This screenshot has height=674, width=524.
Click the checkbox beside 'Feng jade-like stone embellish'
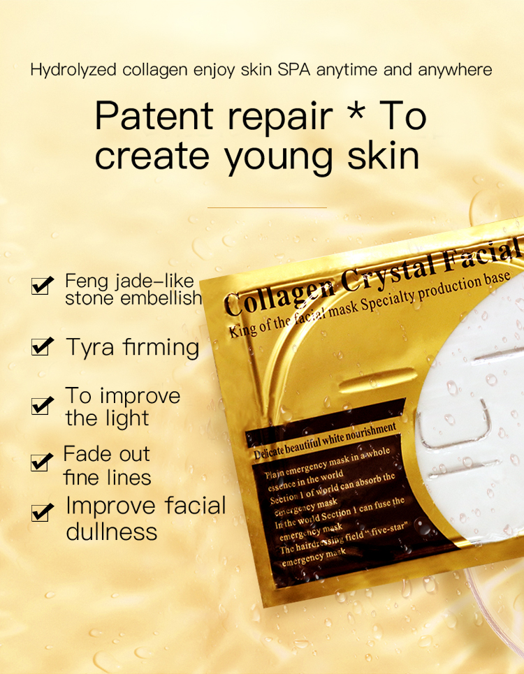42,286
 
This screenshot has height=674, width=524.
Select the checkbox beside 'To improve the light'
42,406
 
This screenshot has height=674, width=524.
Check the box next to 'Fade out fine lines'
42,462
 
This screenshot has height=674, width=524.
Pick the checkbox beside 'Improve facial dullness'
42,513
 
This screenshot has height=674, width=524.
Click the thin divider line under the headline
267,207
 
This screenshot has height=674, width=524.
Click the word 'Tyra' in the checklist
89,347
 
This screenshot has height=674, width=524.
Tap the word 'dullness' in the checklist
111,532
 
